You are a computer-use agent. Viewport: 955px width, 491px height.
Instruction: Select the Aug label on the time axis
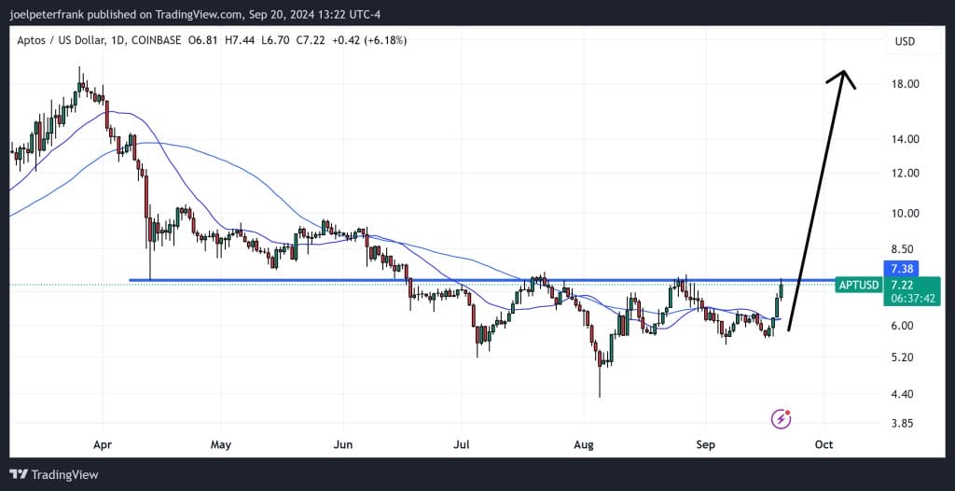coord(584,444)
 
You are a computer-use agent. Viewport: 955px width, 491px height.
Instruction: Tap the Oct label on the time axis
coord(824,444)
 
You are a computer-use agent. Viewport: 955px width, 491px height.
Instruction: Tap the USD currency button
coord(904,41)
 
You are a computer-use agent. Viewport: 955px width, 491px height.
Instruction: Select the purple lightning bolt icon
coord(782,419)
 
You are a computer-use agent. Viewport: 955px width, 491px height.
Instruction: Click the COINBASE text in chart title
coord(156,40)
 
